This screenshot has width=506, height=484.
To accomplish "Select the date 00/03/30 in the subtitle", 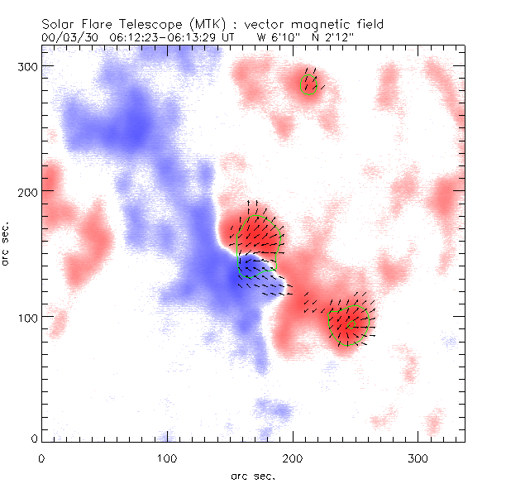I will point(69,37).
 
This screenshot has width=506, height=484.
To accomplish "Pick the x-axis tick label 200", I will point(292,457).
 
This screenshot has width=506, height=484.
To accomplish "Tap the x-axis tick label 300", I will point(418,457).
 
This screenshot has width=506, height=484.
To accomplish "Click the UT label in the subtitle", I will point(227,37).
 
